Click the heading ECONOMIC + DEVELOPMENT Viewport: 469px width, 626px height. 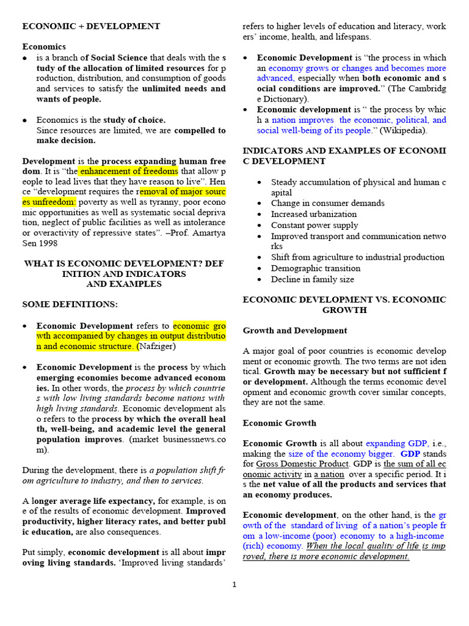pyautogui.click(x=91, y=26)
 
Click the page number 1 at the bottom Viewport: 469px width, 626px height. pyautogui.click(x=234, y=584)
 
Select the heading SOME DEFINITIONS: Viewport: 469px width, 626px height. pyautogui.click(x=70, y=304)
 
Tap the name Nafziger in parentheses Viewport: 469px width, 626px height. pyautogui.click(x=158, y=347)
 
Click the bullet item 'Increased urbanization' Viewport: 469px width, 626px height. pyautogui.click(x=314, y=214)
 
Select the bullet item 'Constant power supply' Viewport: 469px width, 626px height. pyautogui.click(x=314, y=225)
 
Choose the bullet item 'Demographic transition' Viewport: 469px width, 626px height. pyautogui.click(x=316, y=268)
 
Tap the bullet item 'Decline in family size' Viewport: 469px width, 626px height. pyautogui.click(x=313, y=279)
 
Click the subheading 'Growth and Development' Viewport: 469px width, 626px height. pyautogui.click(x=295, y=330)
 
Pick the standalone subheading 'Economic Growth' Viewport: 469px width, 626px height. pyautogui.click(x=280, y=422)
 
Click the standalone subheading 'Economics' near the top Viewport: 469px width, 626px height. pyautogui.click(x=44, y=46)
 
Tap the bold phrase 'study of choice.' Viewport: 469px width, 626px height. pyautogui.click(x=134, y=120)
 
